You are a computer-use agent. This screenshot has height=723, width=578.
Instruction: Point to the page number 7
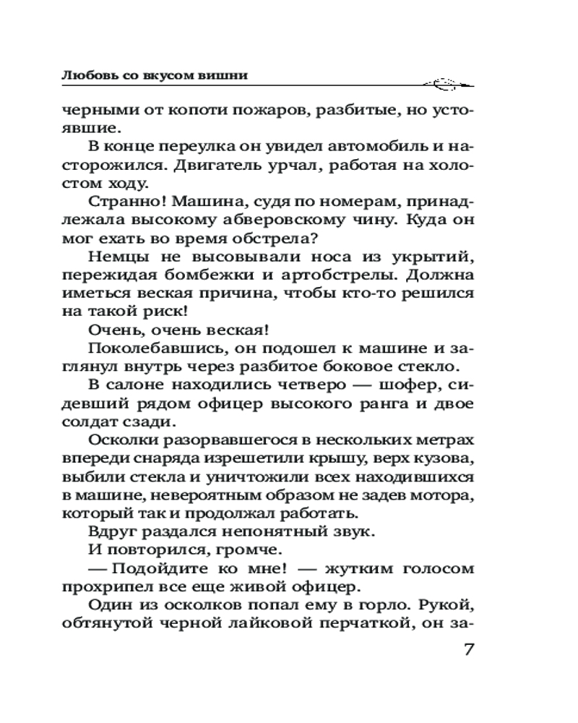(467, 648)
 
